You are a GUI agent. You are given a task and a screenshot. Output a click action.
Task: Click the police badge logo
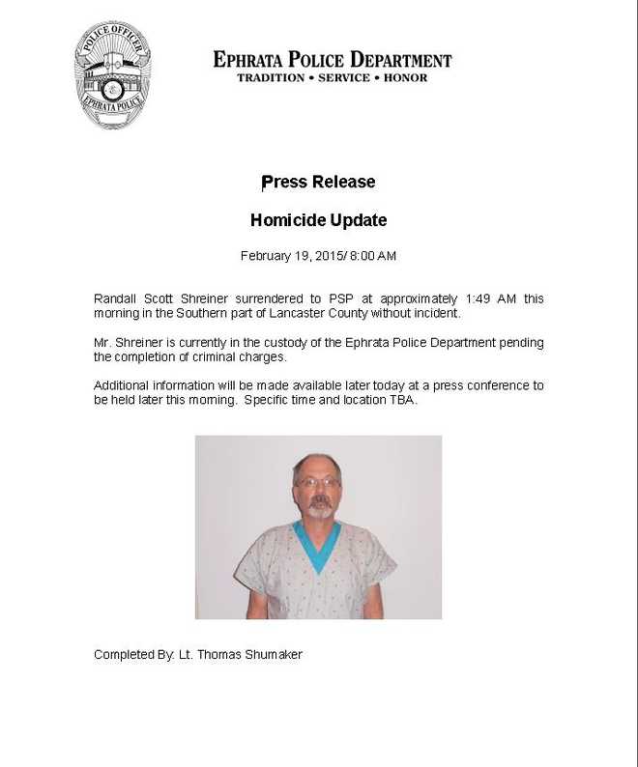pos(114,75)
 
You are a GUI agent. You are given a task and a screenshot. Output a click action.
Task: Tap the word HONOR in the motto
pos(405,77)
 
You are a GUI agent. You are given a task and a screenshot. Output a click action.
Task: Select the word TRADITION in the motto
pos(272,77)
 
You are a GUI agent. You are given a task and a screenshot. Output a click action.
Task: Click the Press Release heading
pos(318,182)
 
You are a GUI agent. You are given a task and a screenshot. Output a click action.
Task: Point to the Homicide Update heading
pos(318,220)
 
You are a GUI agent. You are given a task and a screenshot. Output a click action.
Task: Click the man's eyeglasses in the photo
pos(317,481)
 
